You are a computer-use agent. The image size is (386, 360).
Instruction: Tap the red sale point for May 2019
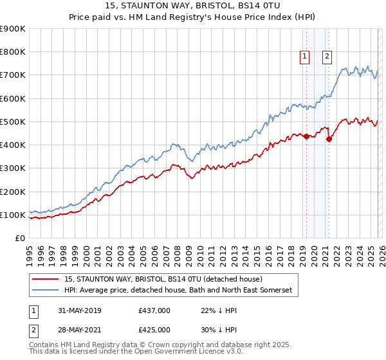click(306, 136)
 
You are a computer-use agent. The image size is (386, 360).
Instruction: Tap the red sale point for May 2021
click(329, 139)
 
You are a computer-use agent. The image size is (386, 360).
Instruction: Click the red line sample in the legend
click(46, 280)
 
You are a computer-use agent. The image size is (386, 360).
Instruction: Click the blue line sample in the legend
click(46, 291)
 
